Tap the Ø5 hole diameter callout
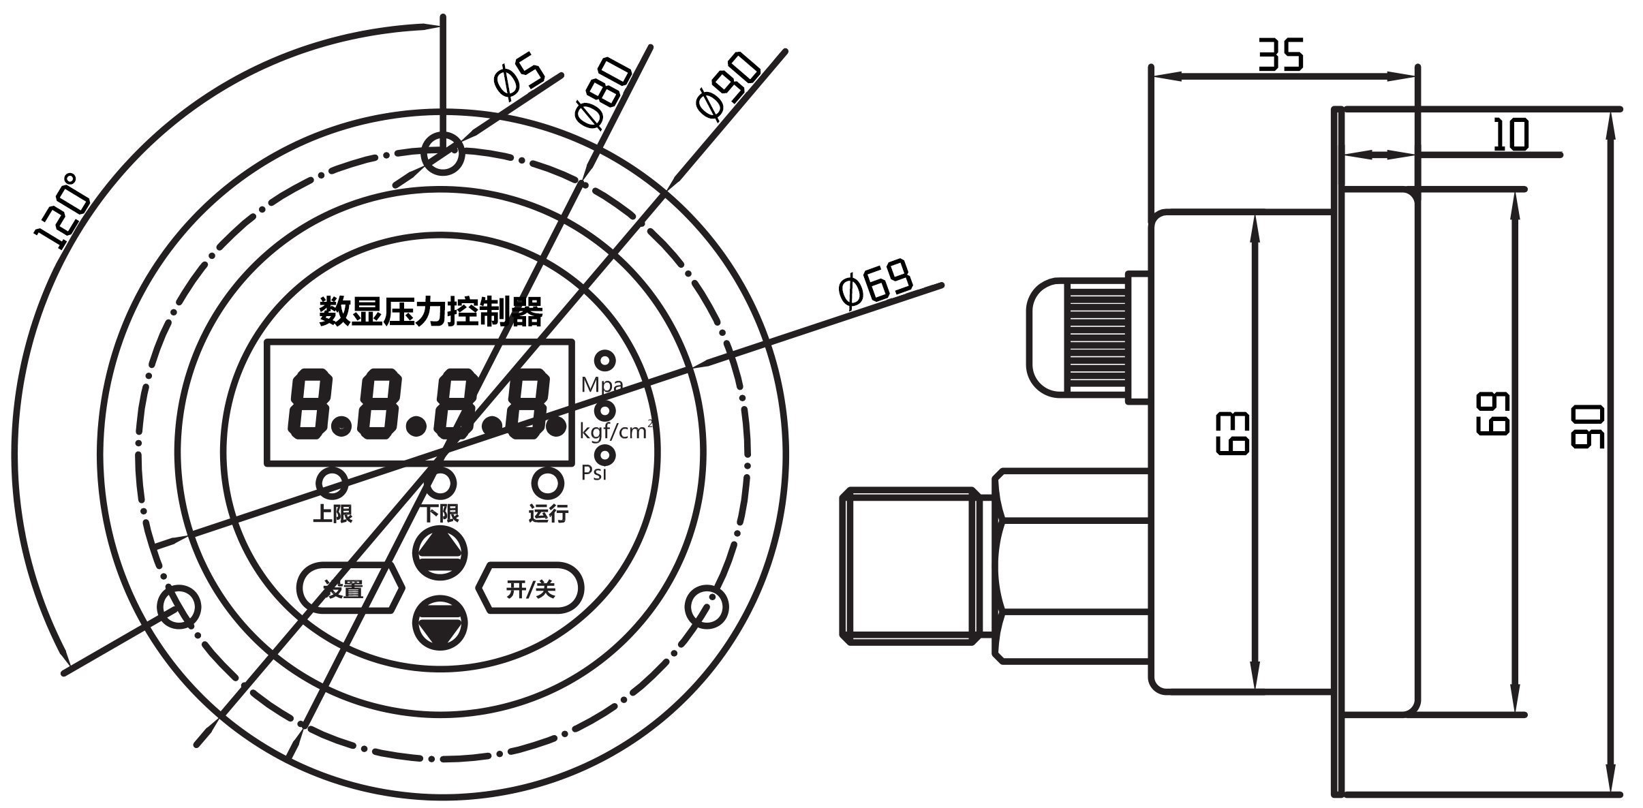[519, 80]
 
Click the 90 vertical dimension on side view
[1587, 426]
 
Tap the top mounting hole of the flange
[442, 153]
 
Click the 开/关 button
[531, 588]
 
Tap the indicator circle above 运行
[547, 483]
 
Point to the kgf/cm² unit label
[615, 431]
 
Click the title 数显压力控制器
[431, 312]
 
